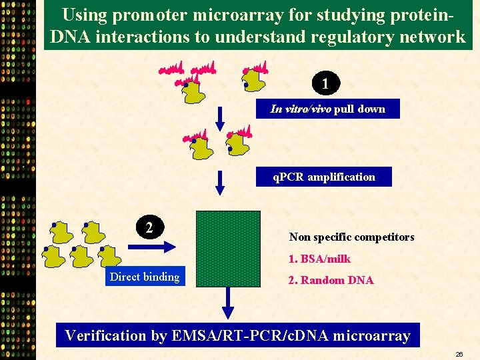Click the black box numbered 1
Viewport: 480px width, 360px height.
(325, 83)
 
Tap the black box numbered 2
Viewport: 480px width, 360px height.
(150, 227)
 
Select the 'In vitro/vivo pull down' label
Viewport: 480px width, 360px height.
(327, 109)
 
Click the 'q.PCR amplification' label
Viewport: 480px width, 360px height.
(324, 177)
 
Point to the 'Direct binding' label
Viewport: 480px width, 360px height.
(145, 277)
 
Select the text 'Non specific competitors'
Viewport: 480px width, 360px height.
(351, 237)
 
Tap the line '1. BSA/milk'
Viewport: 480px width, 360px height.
(319, 259)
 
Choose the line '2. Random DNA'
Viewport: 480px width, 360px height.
(331, 281)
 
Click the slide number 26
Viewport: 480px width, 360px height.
(459, 354)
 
